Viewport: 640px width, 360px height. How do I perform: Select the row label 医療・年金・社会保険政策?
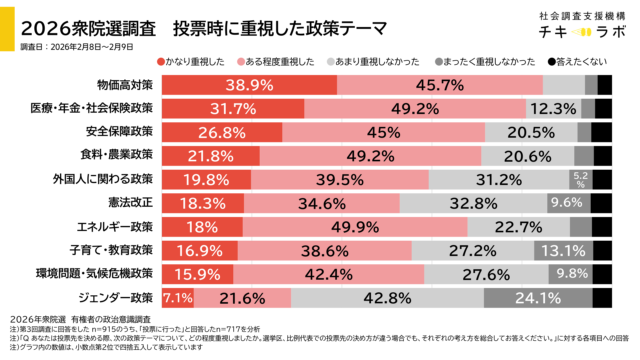94,108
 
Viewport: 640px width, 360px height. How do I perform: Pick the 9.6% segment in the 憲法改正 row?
566,202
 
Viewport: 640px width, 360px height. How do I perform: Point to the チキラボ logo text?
567,34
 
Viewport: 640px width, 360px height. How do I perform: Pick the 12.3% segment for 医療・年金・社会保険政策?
551,108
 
